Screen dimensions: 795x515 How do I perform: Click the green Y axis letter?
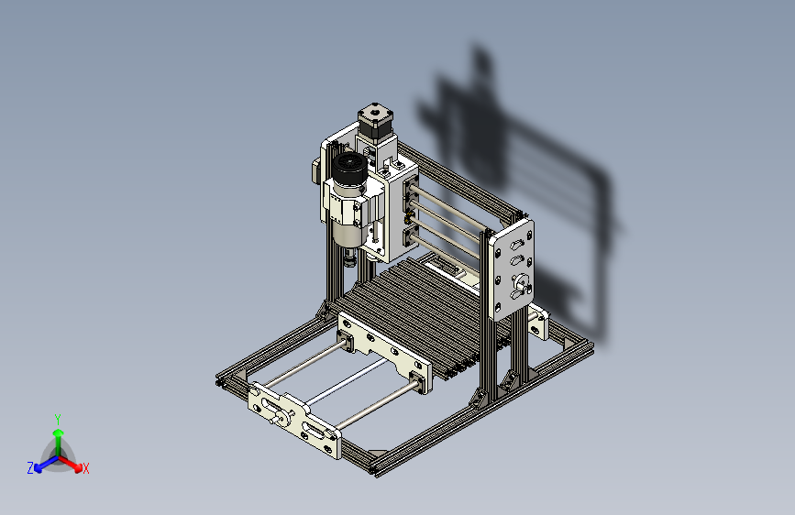tap(58, 420)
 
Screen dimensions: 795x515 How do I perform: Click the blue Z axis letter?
tap(30, 468)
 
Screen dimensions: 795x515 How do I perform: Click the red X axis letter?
tap(85, 469)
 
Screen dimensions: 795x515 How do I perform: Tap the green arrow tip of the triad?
tap(59, 433)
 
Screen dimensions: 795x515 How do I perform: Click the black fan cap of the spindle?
tap(349, 169)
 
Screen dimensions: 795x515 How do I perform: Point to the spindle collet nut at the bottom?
tap(350, 261)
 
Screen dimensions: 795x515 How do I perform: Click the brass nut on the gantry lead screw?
tap(409, 219)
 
